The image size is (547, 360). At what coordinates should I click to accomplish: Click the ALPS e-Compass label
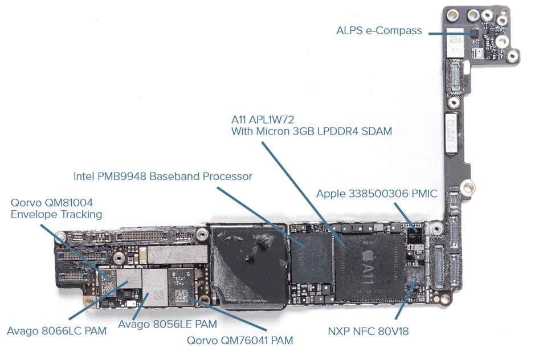coord(379,31)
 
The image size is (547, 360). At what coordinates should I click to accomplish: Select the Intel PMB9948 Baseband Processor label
coord(162,177)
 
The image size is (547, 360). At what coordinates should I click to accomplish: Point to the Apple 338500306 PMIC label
coord(377,194)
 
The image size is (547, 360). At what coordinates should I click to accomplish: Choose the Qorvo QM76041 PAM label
coord(240,341)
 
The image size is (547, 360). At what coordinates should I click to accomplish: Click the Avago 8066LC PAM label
coord(56,330)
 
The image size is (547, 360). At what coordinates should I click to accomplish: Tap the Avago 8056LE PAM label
coord(168,324)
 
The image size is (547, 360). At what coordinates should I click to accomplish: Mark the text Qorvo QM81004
coord(52,202)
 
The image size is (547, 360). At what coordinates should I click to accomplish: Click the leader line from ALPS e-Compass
coord(450,33)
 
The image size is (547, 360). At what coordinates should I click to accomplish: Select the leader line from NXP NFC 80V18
coord(406,299)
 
